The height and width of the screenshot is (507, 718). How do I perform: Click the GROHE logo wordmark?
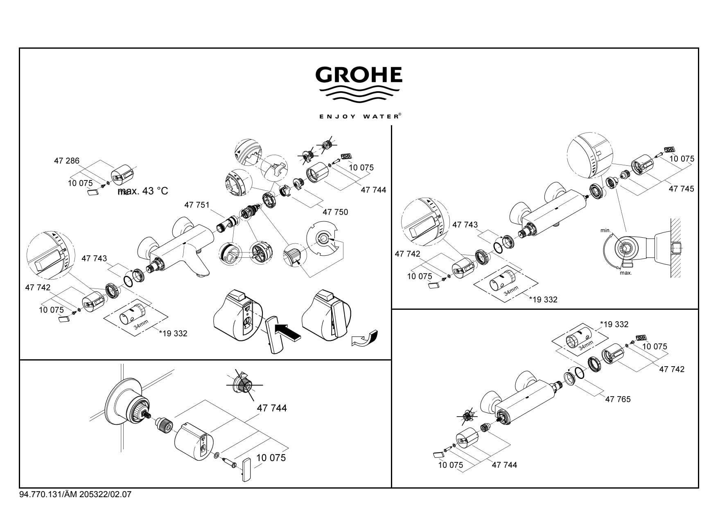coord(359,74)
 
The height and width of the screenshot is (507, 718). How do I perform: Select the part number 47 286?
coord(67,161)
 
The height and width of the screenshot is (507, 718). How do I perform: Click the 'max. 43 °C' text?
coord(143,191)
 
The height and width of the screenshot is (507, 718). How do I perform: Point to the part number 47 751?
coord(197,205)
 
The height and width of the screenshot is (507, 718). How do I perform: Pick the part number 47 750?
coord(335,212)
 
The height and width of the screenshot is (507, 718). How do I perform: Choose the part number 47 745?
coord(682,189)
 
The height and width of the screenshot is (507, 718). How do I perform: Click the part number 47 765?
coord(618,399)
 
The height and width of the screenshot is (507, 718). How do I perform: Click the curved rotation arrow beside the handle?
coord(365,338)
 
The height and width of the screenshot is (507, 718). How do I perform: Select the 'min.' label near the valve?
coord(605,230)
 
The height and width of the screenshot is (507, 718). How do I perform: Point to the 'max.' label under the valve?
coord(626,273)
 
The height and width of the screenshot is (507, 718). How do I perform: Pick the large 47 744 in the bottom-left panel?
coord(272,408)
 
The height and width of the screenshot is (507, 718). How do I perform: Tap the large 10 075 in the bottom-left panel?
coord(271,457)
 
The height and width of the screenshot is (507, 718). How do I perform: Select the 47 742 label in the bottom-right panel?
coord(672,369)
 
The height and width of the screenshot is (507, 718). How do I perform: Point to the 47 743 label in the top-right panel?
coord(465,225)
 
